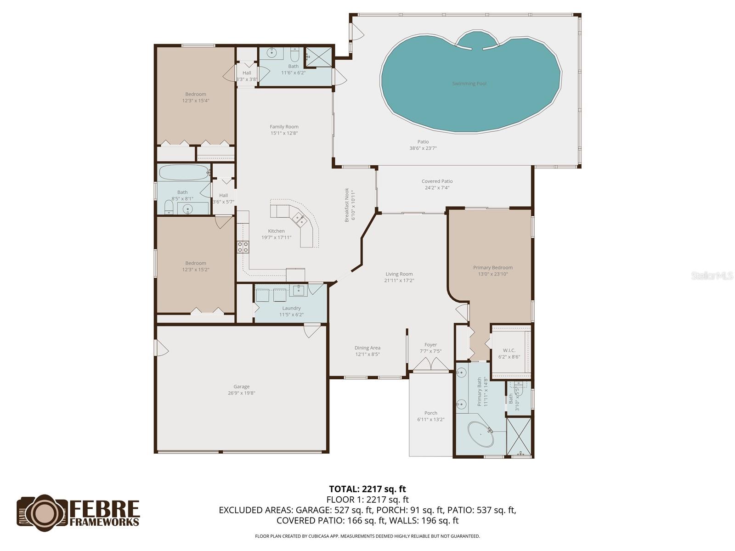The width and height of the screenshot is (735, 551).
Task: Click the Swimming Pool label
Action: point(469,84)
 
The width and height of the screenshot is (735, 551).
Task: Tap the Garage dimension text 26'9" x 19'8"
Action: point(241,393)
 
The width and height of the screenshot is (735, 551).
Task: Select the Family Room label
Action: point(284,127)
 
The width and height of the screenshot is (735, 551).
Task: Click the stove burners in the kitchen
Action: point(243,247)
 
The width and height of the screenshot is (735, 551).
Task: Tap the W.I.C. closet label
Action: point(509,350)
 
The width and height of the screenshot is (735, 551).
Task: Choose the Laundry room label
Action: point(291,308)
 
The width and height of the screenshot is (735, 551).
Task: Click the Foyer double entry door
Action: point(430,365)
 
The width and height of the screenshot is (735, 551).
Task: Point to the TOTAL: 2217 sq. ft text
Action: point(367,489)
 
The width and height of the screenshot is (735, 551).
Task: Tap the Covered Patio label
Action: point(437,181)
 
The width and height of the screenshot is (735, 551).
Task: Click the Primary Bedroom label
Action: point(493,268)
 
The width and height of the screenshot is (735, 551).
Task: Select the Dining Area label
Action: point(367,348)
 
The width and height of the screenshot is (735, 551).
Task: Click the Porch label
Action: point(430,413)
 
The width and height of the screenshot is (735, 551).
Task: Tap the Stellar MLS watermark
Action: point(712,276)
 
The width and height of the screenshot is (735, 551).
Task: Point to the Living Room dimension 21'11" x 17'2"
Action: point(399,281)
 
